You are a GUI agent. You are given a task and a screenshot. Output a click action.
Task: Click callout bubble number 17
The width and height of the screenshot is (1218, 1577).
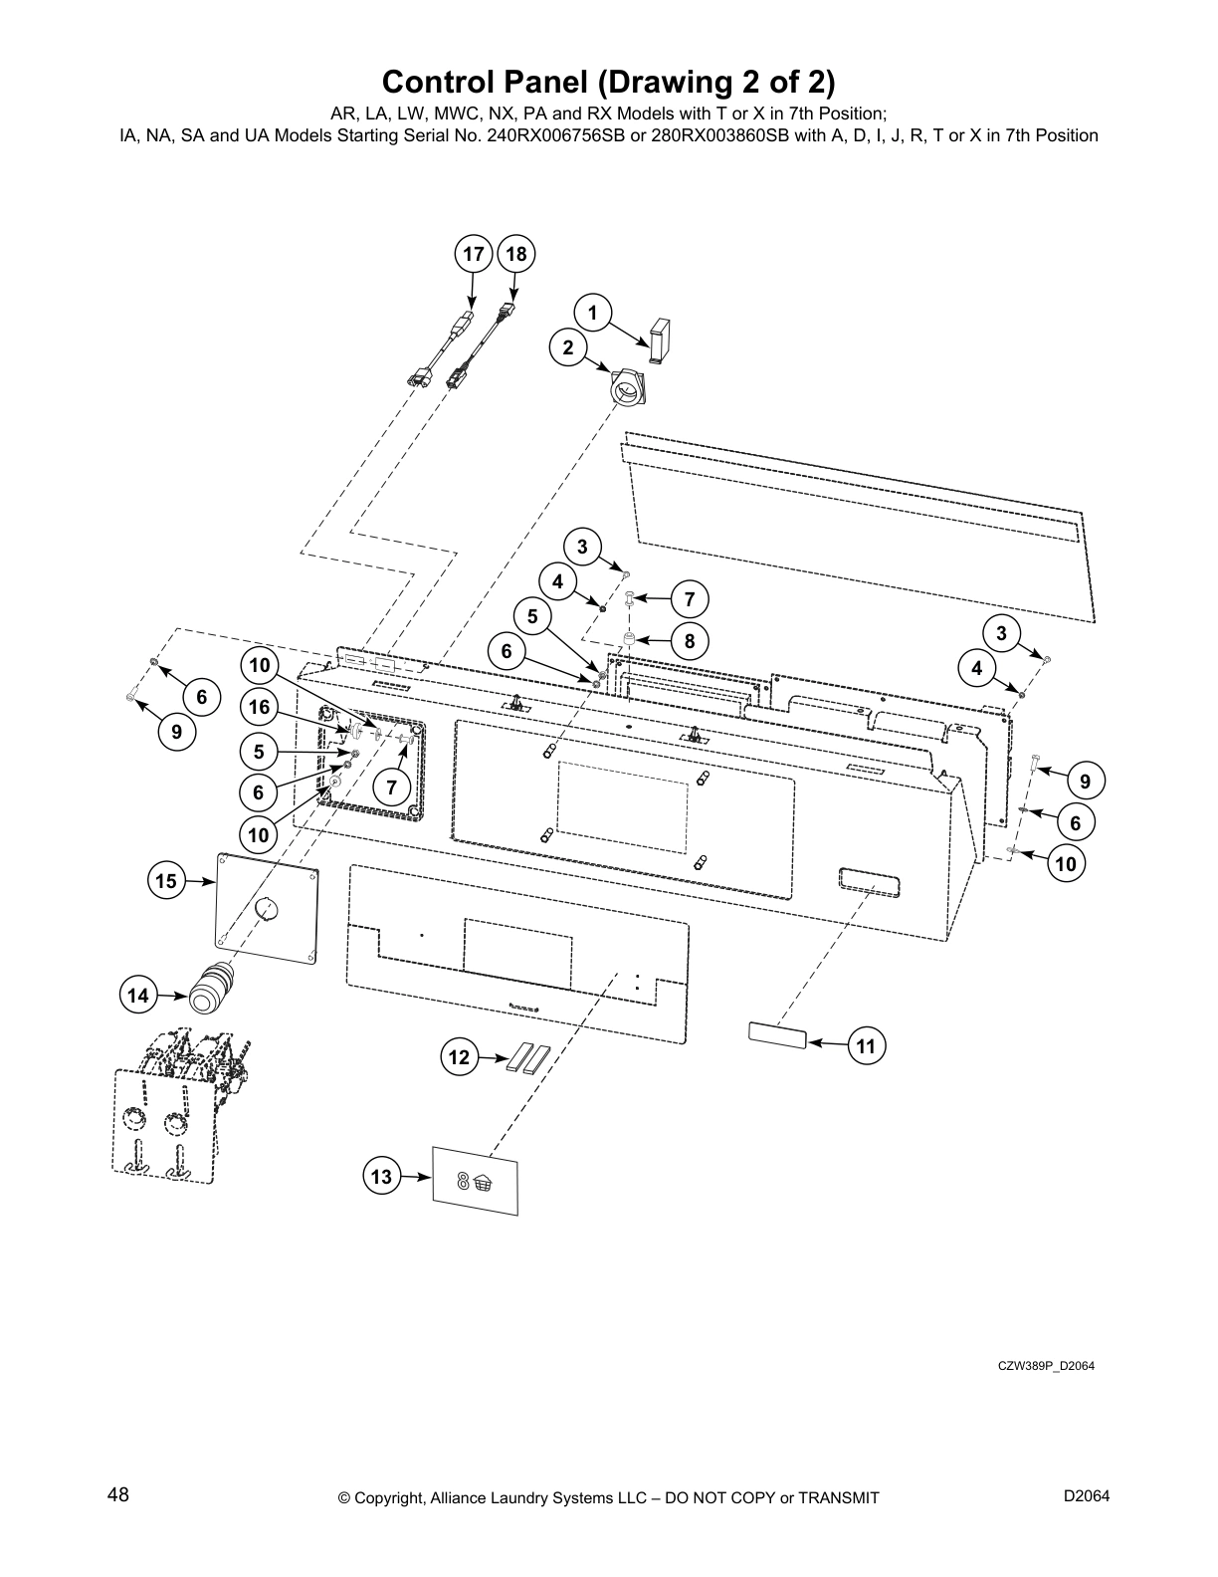pyautogui.click(x=474, y=255)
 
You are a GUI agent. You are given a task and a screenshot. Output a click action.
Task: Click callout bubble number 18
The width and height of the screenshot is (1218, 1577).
pyautogui.click(x=515, y=255)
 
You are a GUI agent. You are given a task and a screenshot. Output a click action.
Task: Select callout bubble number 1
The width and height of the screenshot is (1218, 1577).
pyautogui.click(x=593, y=315)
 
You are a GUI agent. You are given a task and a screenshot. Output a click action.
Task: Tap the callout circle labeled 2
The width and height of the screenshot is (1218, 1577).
pyautogui.click(x=568, y=347)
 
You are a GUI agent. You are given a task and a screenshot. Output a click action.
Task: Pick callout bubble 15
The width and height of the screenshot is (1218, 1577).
pyautogui.click(x=166, y=881)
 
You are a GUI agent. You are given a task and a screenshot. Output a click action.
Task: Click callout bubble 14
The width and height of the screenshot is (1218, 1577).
pyautogui.click(x=138, y=996)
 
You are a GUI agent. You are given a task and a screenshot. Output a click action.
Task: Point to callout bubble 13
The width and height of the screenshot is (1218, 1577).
pyautogui.click(x=381, y=1177)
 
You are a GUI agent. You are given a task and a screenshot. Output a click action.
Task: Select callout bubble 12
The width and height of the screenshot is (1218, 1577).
pyautogui.click(x=459, y=1057)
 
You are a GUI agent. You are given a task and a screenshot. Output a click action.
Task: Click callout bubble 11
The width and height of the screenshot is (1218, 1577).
pyautogui.click(x=866, y=1045)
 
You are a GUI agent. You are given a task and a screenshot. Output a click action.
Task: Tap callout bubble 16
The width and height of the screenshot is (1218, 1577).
pyautogui.click(x=259, y=708)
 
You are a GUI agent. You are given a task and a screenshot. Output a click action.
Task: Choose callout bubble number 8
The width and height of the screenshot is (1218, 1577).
pyautogui.click(x=689, y=641)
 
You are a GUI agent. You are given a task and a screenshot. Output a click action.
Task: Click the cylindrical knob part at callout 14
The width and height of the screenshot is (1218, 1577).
pyautogui.click(x=211, y=989)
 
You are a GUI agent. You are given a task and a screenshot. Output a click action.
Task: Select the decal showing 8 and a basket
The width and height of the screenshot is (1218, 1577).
pyautogui.click(x=476, y=1181)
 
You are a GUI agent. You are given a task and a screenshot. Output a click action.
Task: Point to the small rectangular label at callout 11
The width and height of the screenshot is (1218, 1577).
pyautogui.click(x=776, y=1034)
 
